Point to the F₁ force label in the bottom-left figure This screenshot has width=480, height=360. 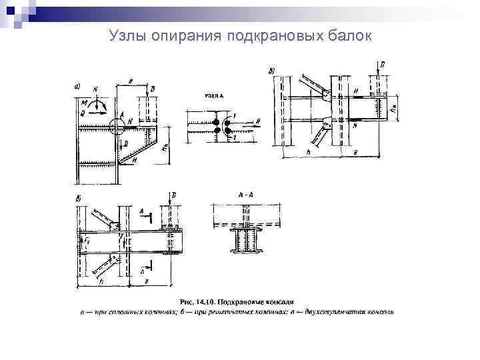click(87, 238)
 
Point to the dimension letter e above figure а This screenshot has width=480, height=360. click(130, 79)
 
